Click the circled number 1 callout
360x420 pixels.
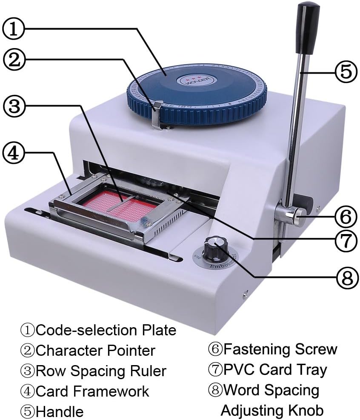[x=14, y=29]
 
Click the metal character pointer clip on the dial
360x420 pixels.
[x=157, y=113]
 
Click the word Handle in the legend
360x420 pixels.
[x=60, y=411]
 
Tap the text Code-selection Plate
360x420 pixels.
[x=106, y=330]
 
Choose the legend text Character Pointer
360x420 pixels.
[x=95, y=350]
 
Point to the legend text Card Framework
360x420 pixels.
[x=92, y=391]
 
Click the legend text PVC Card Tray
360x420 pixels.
[x=275, y=369]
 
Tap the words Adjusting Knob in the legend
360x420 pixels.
[x=272, y=410]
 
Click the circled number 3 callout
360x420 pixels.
[x=14, y=106]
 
